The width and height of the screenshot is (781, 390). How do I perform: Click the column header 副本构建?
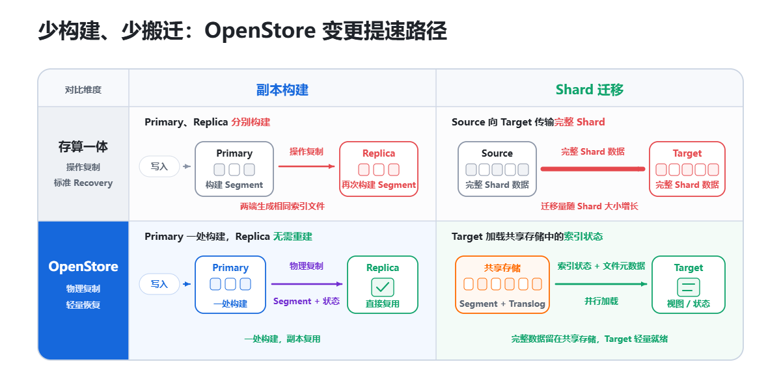(x=282, y=90)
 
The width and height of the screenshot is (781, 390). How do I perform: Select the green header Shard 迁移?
(x=589, y=90)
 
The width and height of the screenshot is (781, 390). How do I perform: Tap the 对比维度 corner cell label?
(x=83, y=90)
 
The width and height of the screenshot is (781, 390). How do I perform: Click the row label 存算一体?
(x=83, y=147)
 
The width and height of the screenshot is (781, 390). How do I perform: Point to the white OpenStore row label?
(x=83, y=266)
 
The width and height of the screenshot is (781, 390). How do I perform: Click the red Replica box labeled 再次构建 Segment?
(x=379, y=169)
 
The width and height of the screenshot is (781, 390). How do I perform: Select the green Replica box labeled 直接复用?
(x=383, y=285)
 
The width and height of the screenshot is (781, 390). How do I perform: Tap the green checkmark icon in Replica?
(x=383, y=287)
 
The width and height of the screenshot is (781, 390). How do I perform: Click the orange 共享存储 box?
(x=502, y=285)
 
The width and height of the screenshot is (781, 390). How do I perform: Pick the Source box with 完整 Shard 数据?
(x=497, y=169)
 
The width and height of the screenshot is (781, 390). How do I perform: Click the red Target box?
(x=687, y=169)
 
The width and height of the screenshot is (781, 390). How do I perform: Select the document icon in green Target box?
(x=689, y=287)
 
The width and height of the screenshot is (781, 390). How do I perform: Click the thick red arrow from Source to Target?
(x=593, y=169)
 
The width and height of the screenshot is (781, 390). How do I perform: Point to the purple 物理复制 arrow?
(x=307, y=284)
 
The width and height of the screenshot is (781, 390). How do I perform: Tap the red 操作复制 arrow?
(x=307, y=166)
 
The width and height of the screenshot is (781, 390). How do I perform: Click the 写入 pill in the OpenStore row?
(x=159, y=284)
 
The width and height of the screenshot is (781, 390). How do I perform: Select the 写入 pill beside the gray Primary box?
(x=159, y=166)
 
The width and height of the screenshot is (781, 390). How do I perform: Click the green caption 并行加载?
(x=601, y=301)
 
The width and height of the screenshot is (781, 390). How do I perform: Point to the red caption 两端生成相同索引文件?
(x=282, y=206)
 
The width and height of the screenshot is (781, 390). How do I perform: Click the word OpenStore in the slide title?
(x=260, y=31)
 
